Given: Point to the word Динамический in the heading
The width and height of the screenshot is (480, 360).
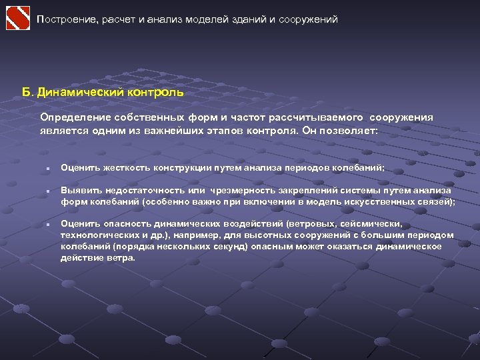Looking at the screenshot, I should (x=77, y=92).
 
